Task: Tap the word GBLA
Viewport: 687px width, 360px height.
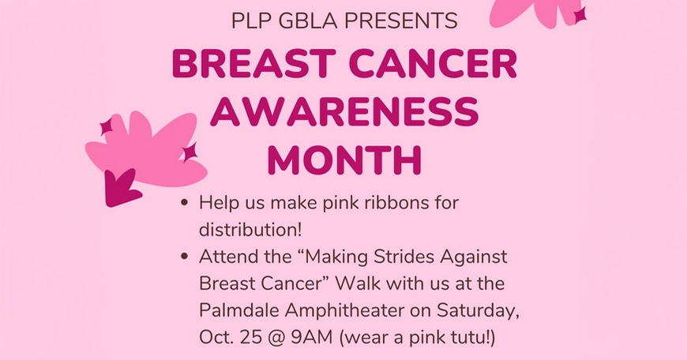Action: click(302, 21)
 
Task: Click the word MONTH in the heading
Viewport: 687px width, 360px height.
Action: click(344, 160)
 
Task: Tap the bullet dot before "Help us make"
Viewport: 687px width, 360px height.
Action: click(184, 204)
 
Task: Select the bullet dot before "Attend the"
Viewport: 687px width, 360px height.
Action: click(184, 257)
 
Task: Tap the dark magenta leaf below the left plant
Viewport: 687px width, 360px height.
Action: click(120, 189)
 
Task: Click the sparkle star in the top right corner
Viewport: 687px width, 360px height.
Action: click(580, 15)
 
